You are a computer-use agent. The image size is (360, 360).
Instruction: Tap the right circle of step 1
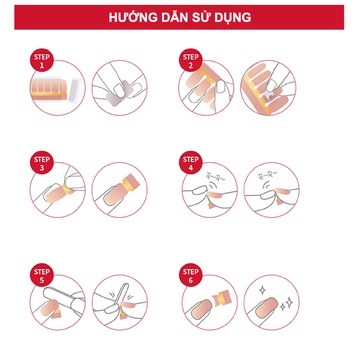(119, 91)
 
